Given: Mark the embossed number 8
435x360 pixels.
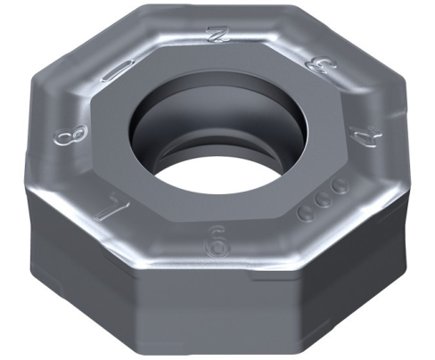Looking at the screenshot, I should [64, 137].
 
